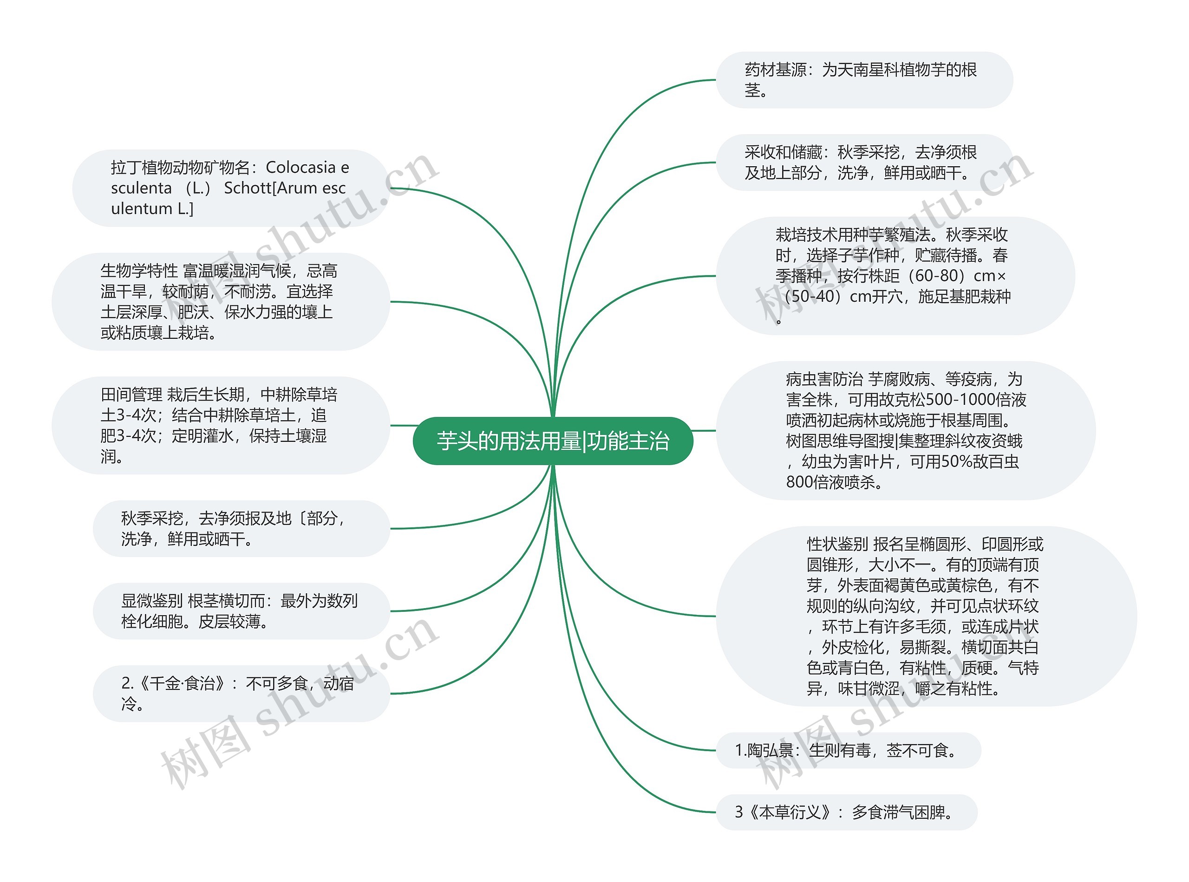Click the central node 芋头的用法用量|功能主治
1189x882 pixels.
553,441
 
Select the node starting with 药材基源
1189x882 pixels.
864,80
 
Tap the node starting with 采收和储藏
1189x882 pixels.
864,162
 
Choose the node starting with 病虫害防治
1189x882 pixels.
905,430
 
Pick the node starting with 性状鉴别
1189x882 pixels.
925,616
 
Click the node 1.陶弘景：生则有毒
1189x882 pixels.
848,751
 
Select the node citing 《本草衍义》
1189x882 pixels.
846,812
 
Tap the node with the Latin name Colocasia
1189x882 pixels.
230,188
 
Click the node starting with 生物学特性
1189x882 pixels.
221,302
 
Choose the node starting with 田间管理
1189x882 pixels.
221,426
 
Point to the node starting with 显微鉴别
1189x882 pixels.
241,611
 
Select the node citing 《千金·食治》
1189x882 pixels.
241,694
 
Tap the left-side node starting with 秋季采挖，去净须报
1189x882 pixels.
241,529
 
